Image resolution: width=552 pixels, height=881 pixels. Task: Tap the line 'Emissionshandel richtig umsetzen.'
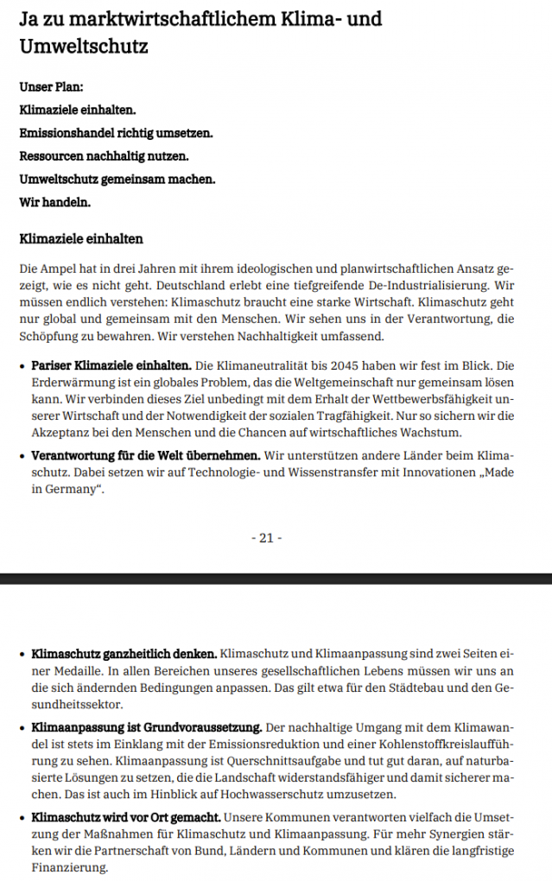click(x=116, y=134)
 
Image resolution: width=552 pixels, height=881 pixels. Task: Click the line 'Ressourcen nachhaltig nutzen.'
click(x=104, y=156)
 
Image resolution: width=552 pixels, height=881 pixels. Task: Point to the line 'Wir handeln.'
click(x=54, y=203)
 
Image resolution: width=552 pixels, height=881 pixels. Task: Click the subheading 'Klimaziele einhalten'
click(x=81, y=238)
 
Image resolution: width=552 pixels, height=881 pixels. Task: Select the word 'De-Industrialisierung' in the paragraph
click(x=418, y=285)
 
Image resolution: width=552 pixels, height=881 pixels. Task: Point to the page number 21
click(x=266, y=538)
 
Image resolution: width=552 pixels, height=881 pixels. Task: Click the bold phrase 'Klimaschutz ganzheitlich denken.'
click(x=124, y=653)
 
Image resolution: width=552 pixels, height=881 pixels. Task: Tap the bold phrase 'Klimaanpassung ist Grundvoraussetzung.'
click(x=144, y=726)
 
